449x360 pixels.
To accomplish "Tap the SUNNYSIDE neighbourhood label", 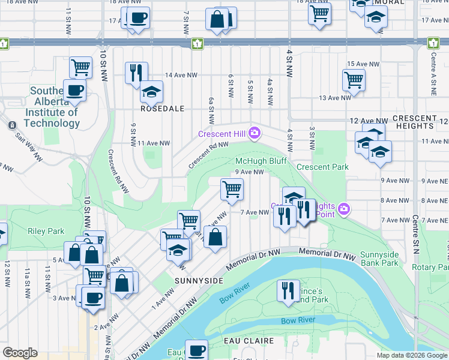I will [199, 280].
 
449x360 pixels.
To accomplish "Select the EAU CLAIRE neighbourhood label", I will [248, 341].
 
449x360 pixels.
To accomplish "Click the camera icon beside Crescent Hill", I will [255, 133].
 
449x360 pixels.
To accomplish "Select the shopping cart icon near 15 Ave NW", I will [354, 79].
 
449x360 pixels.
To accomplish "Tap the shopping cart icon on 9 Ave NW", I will [232, 189].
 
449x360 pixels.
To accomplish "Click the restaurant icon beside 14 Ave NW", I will [136, 72].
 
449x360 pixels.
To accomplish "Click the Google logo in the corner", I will [20, 353].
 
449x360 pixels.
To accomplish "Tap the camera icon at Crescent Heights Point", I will [343, 209].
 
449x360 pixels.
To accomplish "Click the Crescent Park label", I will [322, 167].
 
